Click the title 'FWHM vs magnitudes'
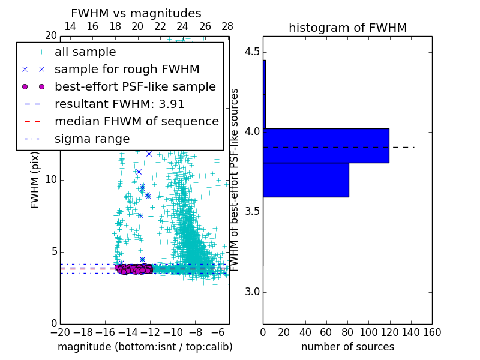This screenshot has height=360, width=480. click(x=136, y=14)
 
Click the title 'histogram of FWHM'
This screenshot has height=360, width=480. click(x=347, y=28)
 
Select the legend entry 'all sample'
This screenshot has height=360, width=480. click(x=85, y=52)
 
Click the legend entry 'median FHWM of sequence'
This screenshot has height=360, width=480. click(x=136, y=121)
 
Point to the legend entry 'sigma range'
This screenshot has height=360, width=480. click(x=92, y=139)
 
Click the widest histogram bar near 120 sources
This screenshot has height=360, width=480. click(x=326, y=145)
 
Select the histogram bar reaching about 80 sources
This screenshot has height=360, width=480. click(x=306, y=179)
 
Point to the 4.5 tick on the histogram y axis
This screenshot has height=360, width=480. click(x=252, y=52)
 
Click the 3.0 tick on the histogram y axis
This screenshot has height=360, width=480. click(x=252, y=292)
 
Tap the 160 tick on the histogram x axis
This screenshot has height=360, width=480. click(x=432, y=332)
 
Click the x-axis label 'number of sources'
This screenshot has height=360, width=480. click(x=347, y=347)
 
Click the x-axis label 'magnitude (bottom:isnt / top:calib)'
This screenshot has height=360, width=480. click(x=145, y=347)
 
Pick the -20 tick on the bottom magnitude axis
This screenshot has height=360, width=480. click(x=60, y=332)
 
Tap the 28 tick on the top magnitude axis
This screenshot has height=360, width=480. click(x=227, y=27)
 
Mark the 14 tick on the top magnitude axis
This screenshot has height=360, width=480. click(x=70, y=27)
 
